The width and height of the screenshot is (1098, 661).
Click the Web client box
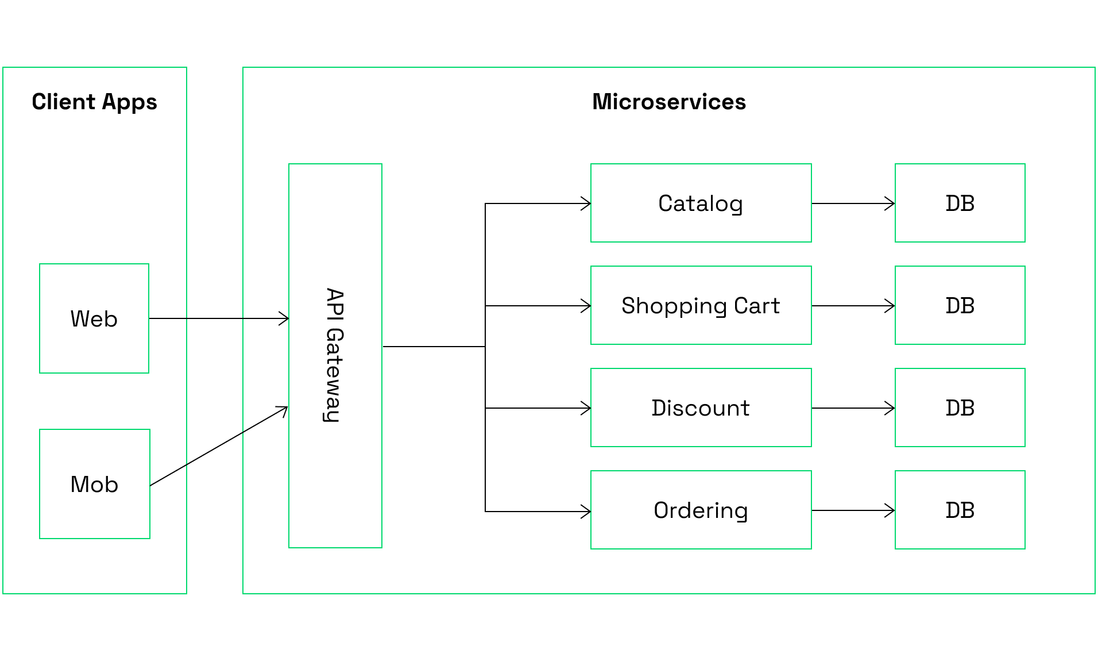pyautogui.click(x=94, y=318)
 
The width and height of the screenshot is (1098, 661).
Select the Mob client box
pyautogui.click(x=94, y=484)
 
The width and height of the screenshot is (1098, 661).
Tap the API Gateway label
pyautogui.click(x=334, y=355)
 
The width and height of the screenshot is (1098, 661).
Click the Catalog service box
pyautogui.click(x=701, y=203)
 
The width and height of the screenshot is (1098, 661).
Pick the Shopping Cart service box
pyautogui.click(x=701, y=305)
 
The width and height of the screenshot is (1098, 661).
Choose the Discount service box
pyautogui.click(x=701, y=408)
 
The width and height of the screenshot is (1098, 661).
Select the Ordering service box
pyautogui.click(x=701, y=510)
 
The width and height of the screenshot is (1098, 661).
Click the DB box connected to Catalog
pyautogui.click(x=960, y=203)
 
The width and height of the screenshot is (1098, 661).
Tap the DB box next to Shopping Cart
pyautogui.click(x=960, y=305)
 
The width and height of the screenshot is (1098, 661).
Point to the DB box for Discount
pyautogui.click(x=960, y=408)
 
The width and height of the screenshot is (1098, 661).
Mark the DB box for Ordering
pyautogui.click(x=960, y=510)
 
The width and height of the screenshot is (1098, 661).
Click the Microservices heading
pyautogui.click(x=668, y=102)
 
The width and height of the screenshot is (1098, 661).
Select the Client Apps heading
pyautogui.click(x=94, y=102)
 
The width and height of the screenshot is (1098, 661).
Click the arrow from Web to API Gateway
pyautogui.click(x=218, y=318)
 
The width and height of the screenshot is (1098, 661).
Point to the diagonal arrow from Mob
pyautogui.click(x=218, y=447)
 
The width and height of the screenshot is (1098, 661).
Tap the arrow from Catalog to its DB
pyautogui.click(x=853, y=203)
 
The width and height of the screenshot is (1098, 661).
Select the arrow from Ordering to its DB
pyautogui.click(x=853, y=510)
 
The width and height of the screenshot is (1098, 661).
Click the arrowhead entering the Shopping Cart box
pyautogui.click(x=586, y=306)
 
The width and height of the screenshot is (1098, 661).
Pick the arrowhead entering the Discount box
pyautogui.click(x=586, y=408)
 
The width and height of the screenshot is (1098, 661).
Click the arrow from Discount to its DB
pyautogui.click(x=853, y=408)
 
